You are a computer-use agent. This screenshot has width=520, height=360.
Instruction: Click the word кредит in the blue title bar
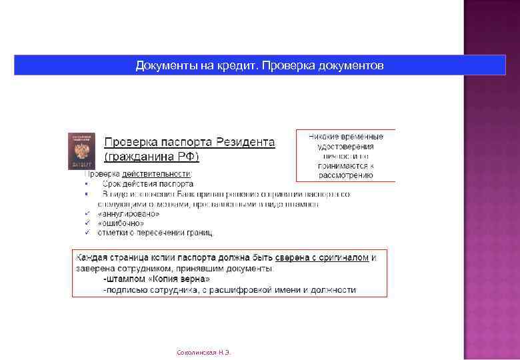tap(235, 65)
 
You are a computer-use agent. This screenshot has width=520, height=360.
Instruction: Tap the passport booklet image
tap(81, 151)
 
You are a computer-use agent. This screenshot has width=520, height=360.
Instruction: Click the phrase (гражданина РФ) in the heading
tap(151, 157)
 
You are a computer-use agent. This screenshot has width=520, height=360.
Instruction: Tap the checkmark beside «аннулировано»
tap(87, 214)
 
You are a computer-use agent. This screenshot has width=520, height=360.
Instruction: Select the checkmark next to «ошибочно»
tap(87, 223)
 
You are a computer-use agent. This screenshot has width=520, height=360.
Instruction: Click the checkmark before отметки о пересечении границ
tap(87, 233)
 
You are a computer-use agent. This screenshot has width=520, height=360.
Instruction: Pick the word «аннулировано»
tap(129, 214)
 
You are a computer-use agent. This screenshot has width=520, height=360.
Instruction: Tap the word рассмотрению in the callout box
tap(345, 175)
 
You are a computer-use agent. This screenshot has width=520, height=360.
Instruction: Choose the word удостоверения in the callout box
tap(345, 146)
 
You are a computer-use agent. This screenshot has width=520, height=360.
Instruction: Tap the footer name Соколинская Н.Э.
tap(203, 351)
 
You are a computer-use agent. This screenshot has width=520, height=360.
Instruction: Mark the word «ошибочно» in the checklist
tap(121, 223)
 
